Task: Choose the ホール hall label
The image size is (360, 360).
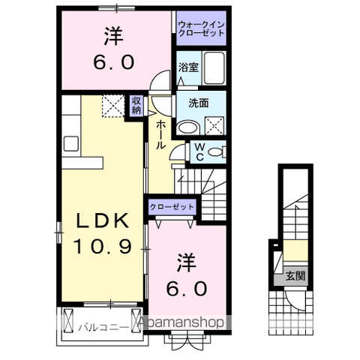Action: pyautogui.click(x=160, y=136)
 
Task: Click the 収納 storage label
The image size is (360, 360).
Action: pyautogui.click(x=136, y=106)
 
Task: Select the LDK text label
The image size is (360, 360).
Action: pyautogui.click(x=103, y=221)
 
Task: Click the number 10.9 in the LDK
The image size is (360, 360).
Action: pyautogui.click(x=103, y=245)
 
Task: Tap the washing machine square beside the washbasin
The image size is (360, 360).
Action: pyautogui.click(x=215, y=124)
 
